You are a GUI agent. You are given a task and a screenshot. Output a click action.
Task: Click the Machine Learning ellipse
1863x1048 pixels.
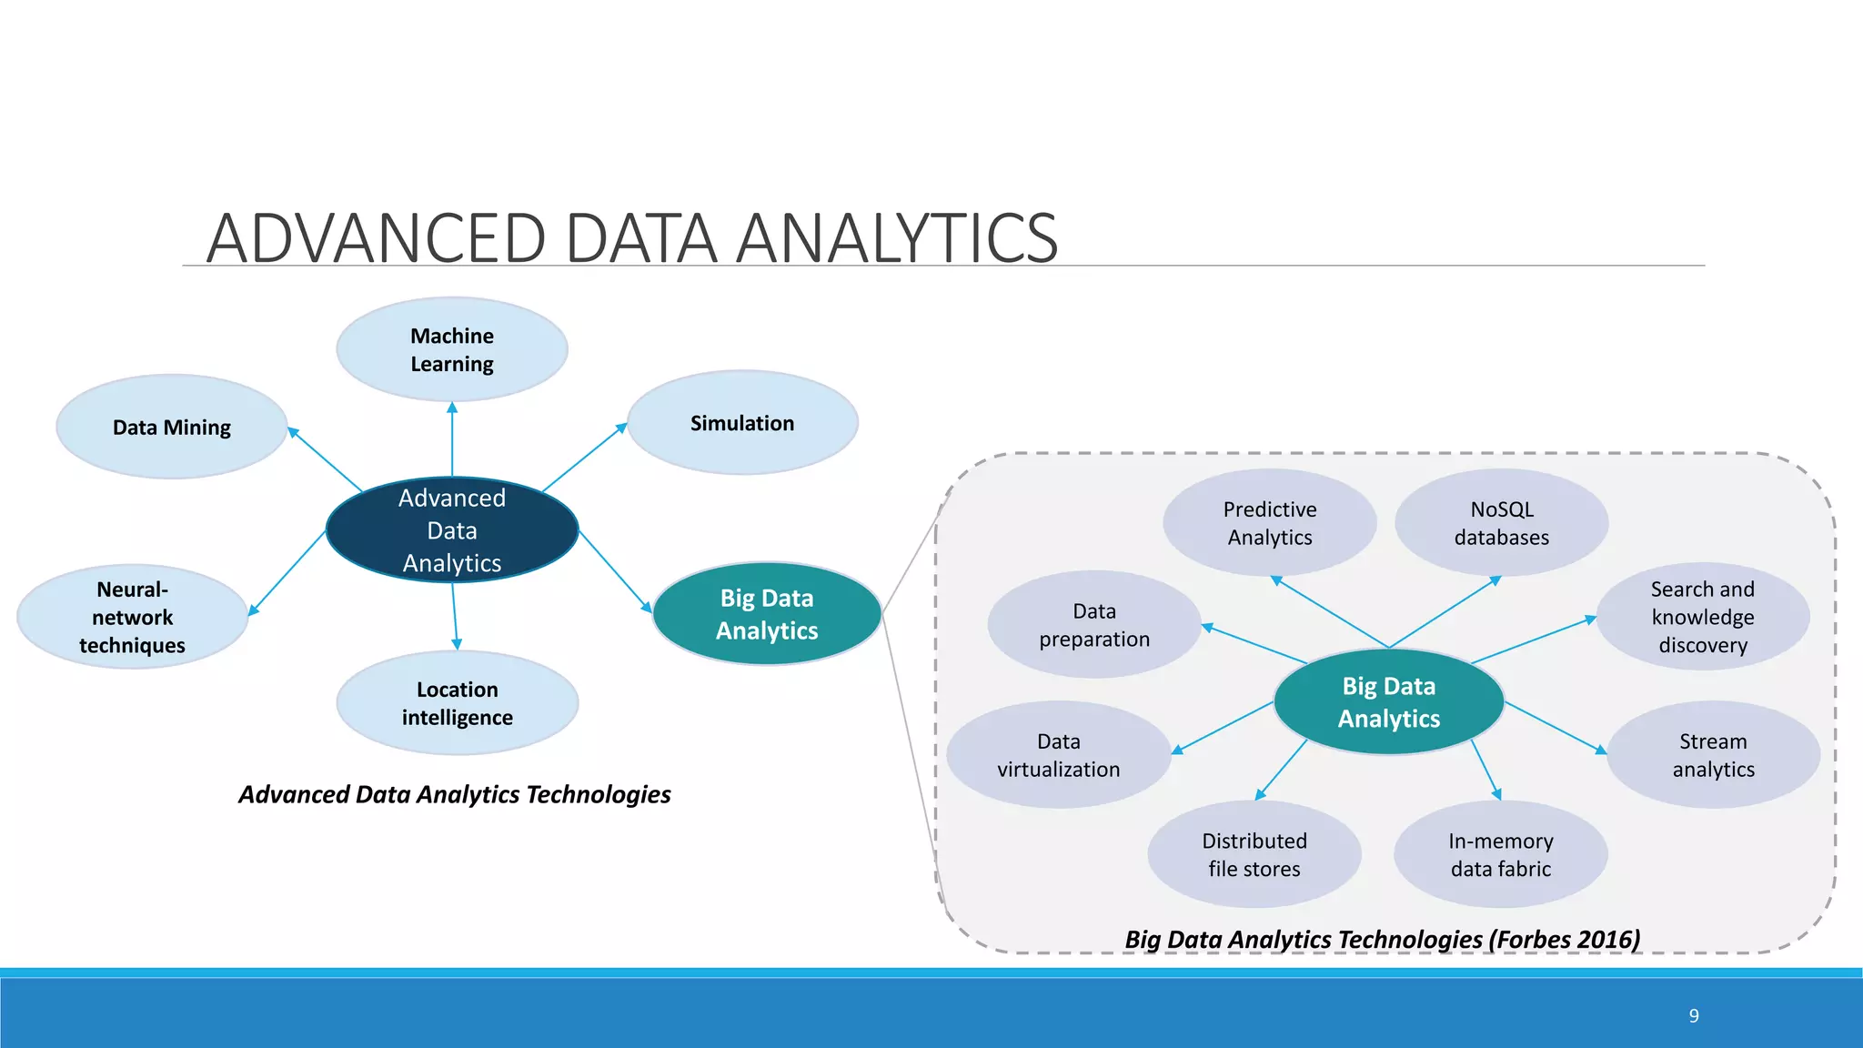pos(452,349)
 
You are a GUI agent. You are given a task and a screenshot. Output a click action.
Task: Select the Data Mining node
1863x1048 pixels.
pos(172,427)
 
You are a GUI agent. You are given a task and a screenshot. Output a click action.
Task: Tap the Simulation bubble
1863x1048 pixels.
pos(742,423)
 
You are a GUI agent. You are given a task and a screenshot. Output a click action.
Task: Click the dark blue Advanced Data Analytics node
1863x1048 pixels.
pos(452,530)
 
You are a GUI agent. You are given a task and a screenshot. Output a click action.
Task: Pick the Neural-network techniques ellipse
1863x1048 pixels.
pos(133,618)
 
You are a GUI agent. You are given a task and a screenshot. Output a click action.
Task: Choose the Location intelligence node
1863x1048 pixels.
pos(458,703)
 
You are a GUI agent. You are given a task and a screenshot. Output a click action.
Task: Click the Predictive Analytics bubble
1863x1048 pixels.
pos(1270,523)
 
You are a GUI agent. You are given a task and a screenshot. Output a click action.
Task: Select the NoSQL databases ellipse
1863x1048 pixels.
pos(1501,523)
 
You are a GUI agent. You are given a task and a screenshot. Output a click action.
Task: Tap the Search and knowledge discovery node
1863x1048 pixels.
pos(1702,617)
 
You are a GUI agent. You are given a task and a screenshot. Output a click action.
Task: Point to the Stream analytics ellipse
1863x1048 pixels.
pos(1713,755)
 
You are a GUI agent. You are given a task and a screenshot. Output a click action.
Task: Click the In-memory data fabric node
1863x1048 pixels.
pos(1500,854)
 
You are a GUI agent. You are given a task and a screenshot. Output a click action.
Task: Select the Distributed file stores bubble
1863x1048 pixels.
pos(1254,854)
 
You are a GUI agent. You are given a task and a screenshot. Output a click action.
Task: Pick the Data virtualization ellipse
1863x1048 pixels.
pos(1058,755)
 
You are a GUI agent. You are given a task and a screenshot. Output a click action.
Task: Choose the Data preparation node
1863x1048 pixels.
pos(1094,625)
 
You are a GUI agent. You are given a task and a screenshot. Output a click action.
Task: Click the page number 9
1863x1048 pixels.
pos(1694,1016)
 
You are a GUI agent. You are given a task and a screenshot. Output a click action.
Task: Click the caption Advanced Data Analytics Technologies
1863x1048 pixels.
pos(454,794)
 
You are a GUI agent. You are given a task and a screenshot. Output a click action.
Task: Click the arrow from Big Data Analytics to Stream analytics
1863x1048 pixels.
pos(1556,728)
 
